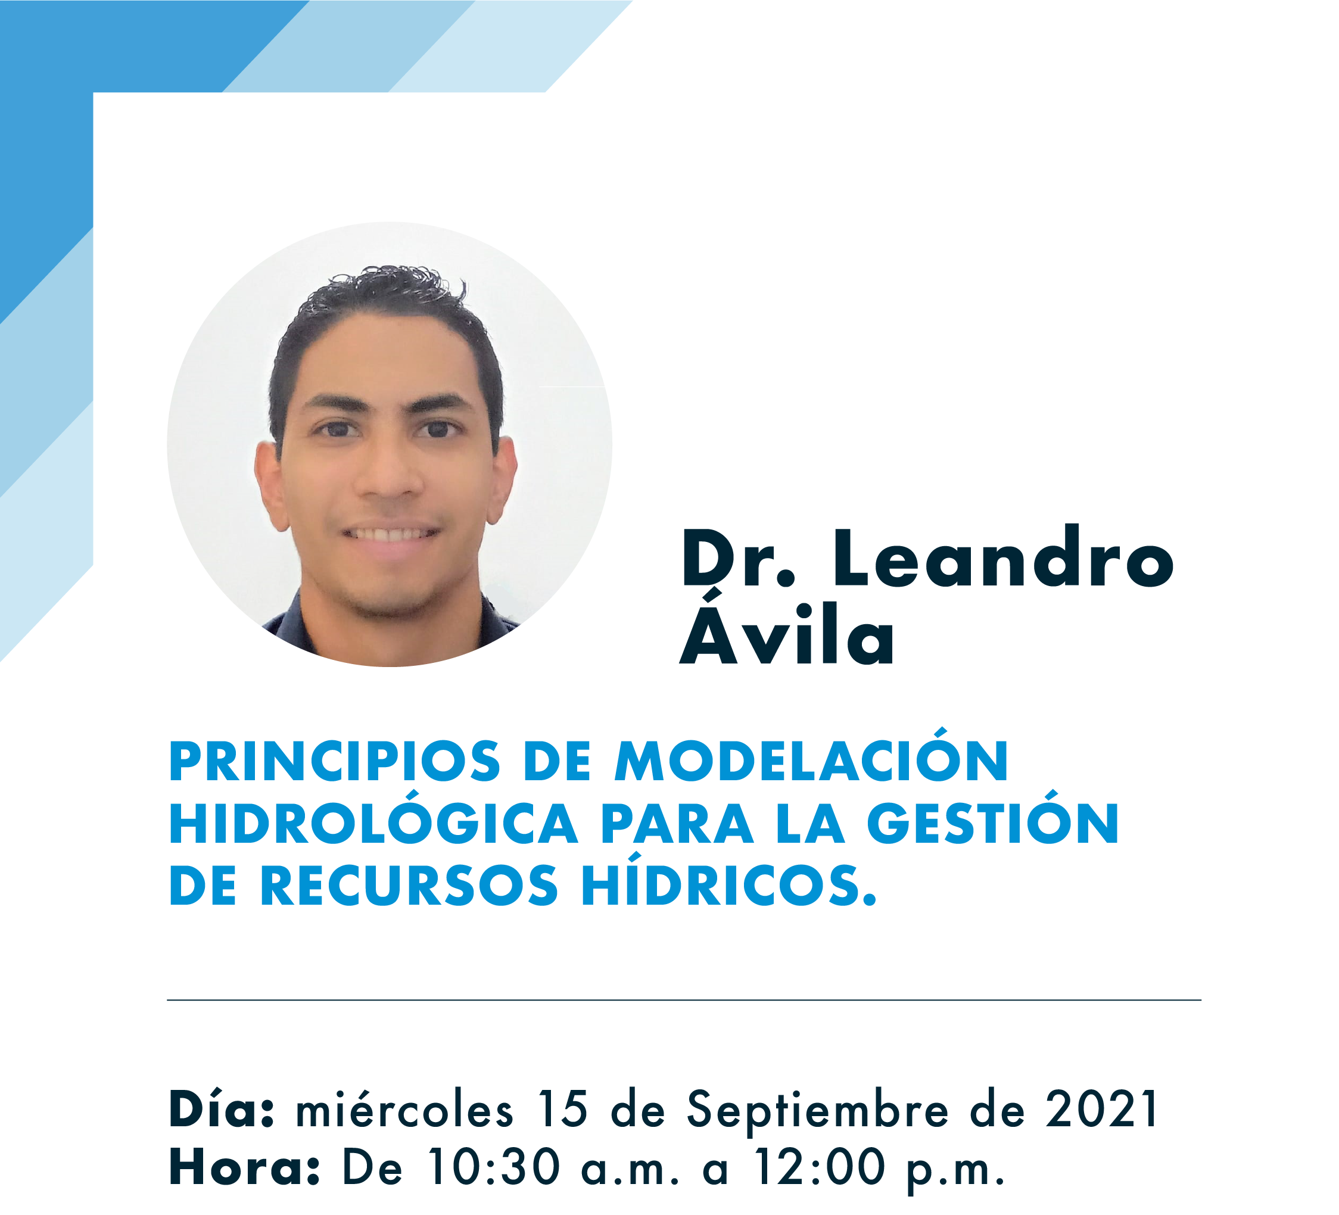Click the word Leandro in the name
(1004, 558)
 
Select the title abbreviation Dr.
(738, 558)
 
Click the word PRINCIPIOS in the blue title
(334, 761)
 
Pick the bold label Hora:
(244, 1167)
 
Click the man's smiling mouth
(391, 534)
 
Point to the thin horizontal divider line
(684, 999)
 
